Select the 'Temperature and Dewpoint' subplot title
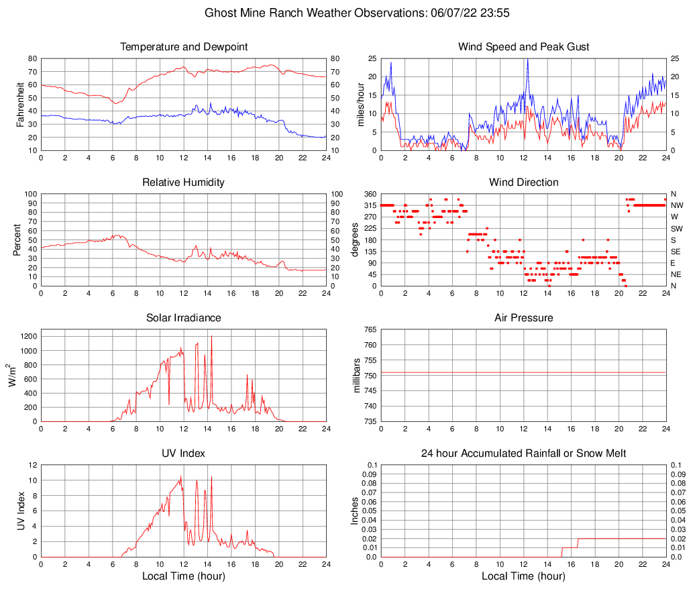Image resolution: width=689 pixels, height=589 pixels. (x=184, y=47)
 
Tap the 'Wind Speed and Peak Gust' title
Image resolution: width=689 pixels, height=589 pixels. (x=523, y=47)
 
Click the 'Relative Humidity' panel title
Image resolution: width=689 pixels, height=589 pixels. (x=184, y=182)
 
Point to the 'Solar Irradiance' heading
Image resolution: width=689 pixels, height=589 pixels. (x=184, y=318)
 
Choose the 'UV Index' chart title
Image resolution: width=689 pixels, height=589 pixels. (x=184, y=453)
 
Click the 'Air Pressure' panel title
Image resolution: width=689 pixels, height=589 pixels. (x=523, y=318)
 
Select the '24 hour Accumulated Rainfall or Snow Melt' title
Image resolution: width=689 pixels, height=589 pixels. (x=523, y=453)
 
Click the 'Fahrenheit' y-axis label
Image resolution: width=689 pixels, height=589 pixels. (x=19, y=104)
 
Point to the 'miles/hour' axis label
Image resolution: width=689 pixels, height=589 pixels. (x=359, y=104)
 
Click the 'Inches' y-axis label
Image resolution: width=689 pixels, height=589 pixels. (x=355, y=511)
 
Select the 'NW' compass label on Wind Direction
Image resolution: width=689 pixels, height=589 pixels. (x=676, y=205)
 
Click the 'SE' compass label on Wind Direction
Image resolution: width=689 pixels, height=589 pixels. (x=676, y=252)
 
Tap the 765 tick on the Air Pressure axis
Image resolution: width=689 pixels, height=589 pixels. (x=368, y=329)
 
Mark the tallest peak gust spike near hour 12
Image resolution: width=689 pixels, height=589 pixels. (x=527, y=60)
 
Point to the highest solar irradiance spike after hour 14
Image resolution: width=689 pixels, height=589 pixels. (x=211, y=336)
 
